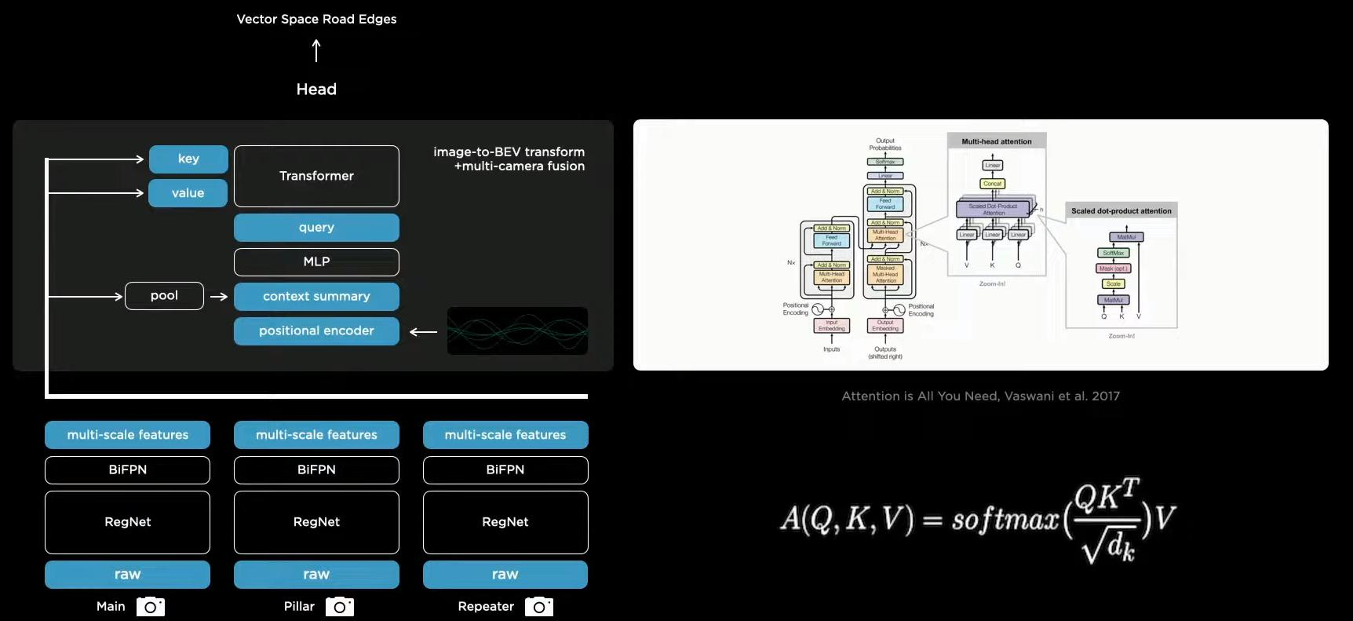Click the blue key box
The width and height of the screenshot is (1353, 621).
pos(188,159)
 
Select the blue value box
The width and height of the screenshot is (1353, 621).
pos(188,193)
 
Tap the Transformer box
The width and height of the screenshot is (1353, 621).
pos(316,176)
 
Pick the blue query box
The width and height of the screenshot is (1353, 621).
pos(316,228)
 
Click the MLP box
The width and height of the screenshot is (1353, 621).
pos(316,261)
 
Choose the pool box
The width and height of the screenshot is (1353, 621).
pos(164,296)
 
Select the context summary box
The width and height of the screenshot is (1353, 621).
pos(316,297)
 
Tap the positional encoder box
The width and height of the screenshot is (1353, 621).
pos(316,331)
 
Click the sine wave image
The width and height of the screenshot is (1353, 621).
pos(517,331)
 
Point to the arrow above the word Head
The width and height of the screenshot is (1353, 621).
pos(316,51)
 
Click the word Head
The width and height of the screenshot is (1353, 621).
pos(316,89)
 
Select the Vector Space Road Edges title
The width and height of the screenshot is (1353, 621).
pos(316,19)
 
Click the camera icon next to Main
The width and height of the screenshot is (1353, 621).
pos(151,607)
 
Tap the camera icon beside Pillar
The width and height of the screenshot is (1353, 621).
pos(340,607)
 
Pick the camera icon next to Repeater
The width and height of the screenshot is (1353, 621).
pos(539,607)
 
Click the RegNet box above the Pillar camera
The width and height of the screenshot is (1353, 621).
pos(316,522)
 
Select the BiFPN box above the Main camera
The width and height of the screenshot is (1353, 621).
pos(127,469)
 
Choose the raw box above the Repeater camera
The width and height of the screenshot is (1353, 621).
pos(505,575)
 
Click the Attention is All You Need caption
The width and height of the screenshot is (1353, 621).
pos(980,396)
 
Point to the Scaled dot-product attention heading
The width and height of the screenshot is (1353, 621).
pos(1121,211)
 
